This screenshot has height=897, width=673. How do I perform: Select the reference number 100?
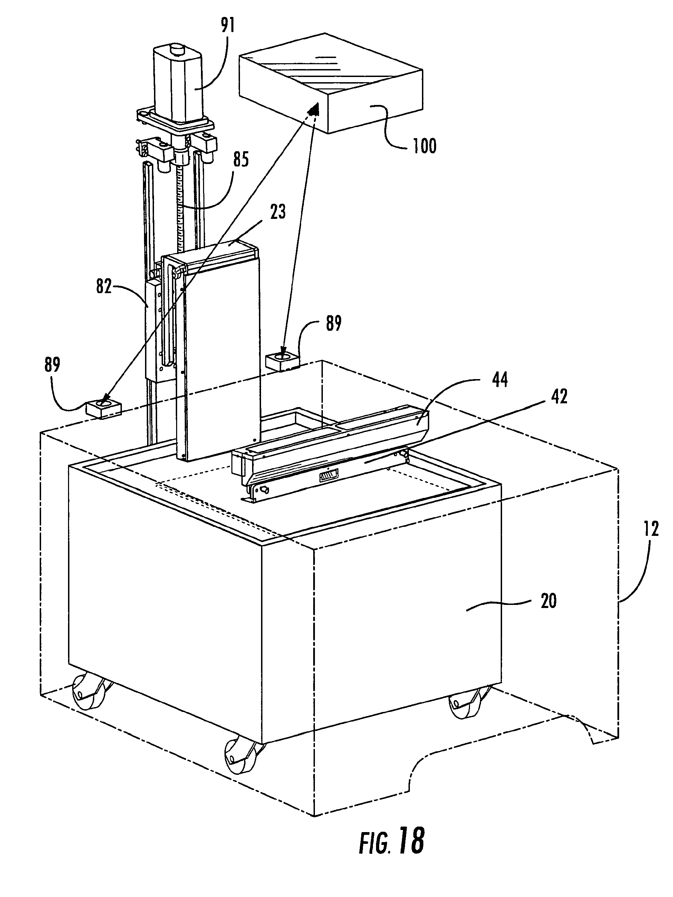(425, 146)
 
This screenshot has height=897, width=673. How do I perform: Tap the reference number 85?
(241, 160)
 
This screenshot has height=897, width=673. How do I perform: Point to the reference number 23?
(278, 212)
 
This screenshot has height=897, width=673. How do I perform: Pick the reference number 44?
(499, 380)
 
